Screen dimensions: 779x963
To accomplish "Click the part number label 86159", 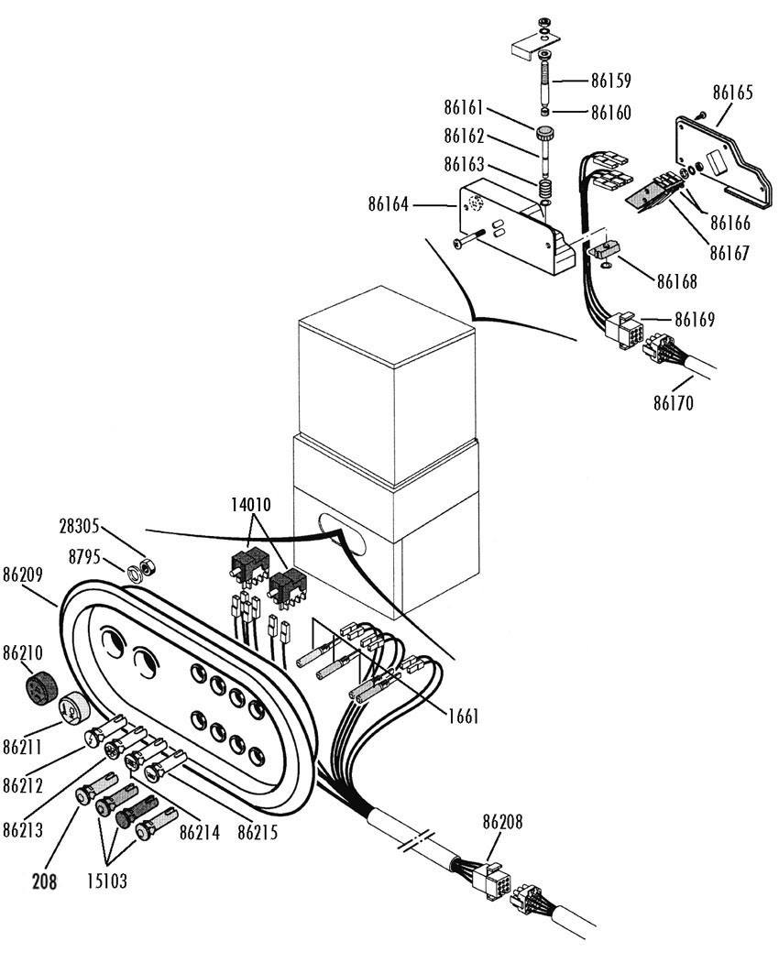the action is point(610,81).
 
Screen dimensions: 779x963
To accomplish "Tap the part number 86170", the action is point(673,403).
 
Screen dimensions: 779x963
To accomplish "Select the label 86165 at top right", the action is point(732,93).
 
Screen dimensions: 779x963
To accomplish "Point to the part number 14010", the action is point(251,506).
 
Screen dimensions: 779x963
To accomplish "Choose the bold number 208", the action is point(44,881).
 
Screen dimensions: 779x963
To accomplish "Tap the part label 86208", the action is point(502,822).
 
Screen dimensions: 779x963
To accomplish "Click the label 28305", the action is point(79,527).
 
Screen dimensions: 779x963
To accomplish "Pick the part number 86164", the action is point(389,204).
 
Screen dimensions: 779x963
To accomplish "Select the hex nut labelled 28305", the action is point(148,565).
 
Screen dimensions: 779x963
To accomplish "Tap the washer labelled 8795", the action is point(134,574).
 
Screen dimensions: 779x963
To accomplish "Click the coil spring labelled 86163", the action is point(543,187).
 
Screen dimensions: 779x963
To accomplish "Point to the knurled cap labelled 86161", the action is point(544,133).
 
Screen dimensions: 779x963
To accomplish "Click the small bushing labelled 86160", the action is point(544,113).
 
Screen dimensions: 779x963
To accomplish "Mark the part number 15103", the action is point(107,881).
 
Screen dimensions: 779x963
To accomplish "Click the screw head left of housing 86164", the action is point(459,245).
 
